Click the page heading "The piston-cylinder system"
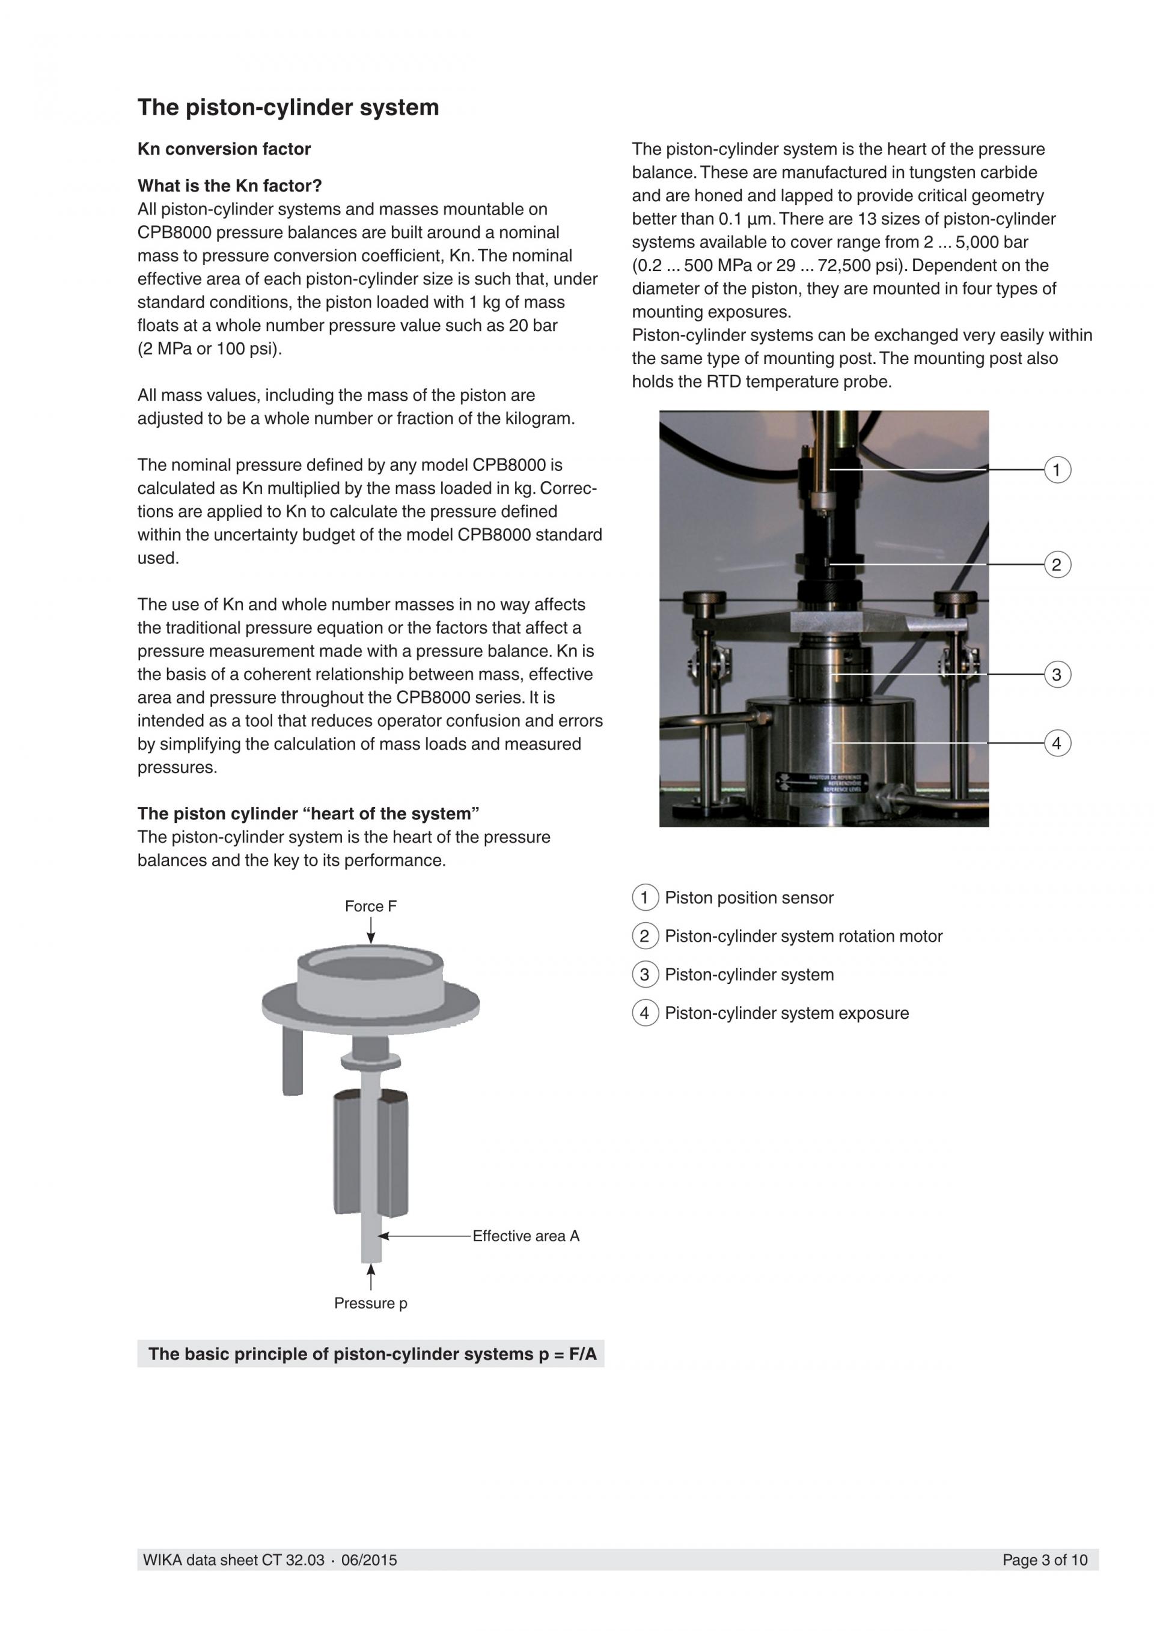click(288, 108)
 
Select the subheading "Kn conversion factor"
click(224, 149)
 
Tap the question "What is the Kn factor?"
click(230, 186)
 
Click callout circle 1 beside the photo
click(1057, 470)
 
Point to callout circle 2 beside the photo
click(1057, 565)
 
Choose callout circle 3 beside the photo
click(1057, 674)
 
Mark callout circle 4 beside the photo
click(1057, 743)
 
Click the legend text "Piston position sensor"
click(749, 898)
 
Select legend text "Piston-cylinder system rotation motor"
click(803, 937)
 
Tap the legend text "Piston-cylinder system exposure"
click(787, 1013)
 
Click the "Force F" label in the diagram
click(370, 907)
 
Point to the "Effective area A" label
click(526, 1236)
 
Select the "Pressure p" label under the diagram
click(370, 1303)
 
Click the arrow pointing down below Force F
click(370, 931)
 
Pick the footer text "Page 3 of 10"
click(1045, 1560)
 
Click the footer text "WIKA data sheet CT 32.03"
click(234, 1560)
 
